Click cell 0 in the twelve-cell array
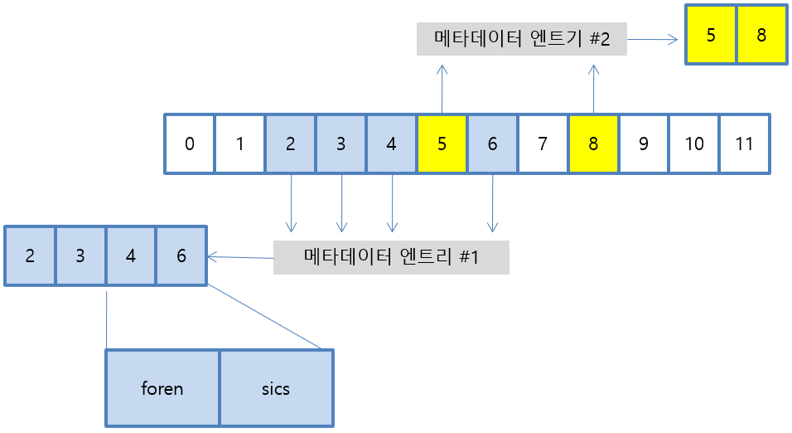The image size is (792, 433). click(x=190, y=144)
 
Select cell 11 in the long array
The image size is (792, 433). click(x=745, y=144)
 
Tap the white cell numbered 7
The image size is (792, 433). click(x=542, y=144)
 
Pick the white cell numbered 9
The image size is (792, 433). click(x=644, y=144)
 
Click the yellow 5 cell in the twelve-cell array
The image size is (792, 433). click(x=442, y=144)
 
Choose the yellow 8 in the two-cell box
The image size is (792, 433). click(x=761, y=36)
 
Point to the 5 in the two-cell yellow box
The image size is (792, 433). click(x=712, y=36)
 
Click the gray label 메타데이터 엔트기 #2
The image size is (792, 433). click(x=522, y=38)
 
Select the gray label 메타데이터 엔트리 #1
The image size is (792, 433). click(x=391, y=257)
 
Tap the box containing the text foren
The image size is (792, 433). click(x=162, y=387)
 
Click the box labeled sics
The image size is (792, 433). click(x=276, y=387)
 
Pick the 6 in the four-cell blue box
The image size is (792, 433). click(x=181, y=255)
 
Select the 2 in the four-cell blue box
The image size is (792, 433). click(x=30, y=255)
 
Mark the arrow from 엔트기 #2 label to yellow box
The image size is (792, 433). click(x=654, y=38)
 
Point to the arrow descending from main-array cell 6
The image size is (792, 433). click(x=492, y=202)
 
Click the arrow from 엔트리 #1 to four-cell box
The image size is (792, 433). click(x=240, y=257)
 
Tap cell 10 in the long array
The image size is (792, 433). click(x=694, y=144)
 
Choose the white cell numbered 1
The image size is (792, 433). click(x=239, y=144)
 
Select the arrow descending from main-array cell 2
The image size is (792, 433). click(x=291, y=202)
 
